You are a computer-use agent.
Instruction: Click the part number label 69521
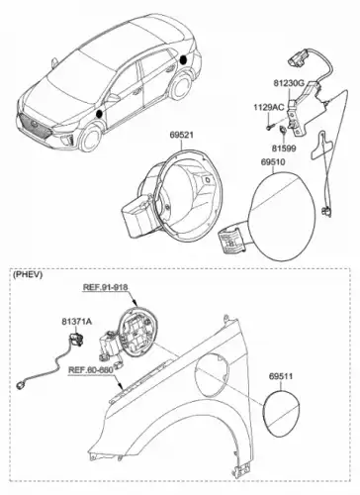click(x=182, y=135)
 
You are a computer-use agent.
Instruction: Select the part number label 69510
click(x=273, y=162)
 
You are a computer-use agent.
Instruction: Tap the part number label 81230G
click(x=289, y=83)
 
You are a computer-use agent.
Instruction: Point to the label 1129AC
click(x=268, y=107)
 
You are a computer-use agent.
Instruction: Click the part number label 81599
click(x=284, y=148)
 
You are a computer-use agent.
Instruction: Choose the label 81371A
click(x=77, y=321)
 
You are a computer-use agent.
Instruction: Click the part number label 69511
click(x=281, y=376)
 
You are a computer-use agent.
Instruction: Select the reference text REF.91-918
click(x=105, y=287)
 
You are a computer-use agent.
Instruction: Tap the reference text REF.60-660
click(x=91, y=370)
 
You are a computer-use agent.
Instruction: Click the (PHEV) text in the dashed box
click(x=28, y=274)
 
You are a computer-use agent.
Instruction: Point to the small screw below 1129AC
click(x=270, y=126)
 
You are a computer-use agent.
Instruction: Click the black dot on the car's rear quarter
click(x=183, y=60)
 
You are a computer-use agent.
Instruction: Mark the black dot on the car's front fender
click(x=99, y=114)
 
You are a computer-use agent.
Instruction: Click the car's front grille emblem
click(x=35, y=125)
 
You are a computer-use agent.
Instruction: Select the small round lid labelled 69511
click(x=281, y=413)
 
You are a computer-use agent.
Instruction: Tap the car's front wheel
click(x=90, y=138)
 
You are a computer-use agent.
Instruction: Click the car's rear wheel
click(x=181, y=86)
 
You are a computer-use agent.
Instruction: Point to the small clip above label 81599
click(x=283, y=130)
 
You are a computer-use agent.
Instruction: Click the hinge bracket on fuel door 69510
click(x=232, y=240)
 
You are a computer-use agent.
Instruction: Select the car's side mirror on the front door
click(x=112, y=98)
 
